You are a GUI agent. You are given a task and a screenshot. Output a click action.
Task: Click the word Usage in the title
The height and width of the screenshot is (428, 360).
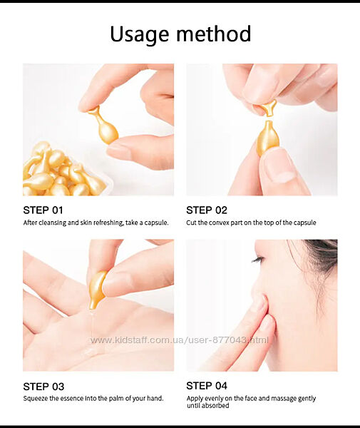tap(139, 35)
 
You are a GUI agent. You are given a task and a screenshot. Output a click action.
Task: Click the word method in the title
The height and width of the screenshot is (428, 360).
tap(214, 34)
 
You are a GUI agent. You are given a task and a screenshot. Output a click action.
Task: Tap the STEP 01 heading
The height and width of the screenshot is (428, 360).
tap(43, 210)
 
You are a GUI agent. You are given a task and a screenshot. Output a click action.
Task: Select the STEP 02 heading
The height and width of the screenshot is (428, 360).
tap(207, 210)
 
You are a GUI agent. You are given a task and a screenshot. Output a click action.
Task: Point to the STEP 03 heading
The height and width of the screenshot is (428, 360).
tap(43, 387)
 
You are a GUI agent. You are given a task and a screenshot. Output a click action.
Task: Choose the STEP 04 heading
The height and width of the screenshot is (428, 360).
tap(207, 386)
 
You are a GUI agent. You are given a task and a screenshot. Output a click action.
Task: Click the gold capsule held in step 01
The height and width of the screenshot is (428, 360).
tap(105, 126)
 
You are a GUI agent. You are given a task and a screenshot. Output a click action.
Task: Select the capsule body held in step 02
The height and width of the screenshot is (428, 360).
tap(267, 138)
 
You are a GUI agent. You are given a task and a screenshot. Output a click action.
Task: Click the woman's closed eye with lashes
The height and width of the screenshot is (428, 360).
tap(258, 259)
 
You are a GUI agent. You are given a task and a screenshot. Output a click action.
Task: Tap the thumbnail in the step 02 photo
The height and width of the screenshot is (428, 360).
tap(279, 165)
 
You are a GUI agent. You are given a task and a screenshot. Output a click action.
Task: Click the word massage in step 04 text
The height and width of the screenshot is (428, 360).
tap(283, 399)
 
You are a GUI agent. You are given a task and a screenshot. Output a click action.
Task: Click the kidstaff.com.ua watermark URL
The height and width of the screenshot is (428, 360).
tap(180, 340)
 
